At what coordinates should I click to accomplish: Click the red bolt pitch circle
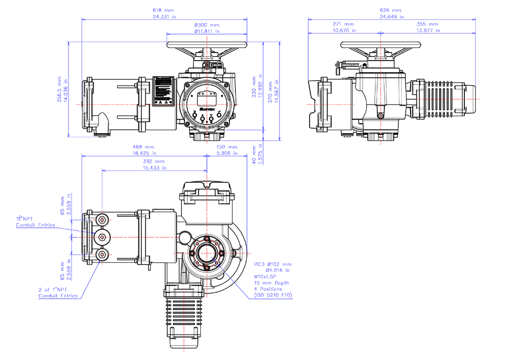point(207,253)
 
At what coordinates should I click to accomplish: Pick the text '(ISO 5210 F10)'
point(274,295)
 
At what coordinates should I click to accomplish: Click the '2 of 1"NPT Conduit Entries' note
point(58,293)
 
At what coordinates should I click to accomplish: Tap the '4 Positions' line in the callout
point(268,289)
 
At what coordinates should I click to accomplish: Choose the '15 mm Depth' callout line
point(271,283)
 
